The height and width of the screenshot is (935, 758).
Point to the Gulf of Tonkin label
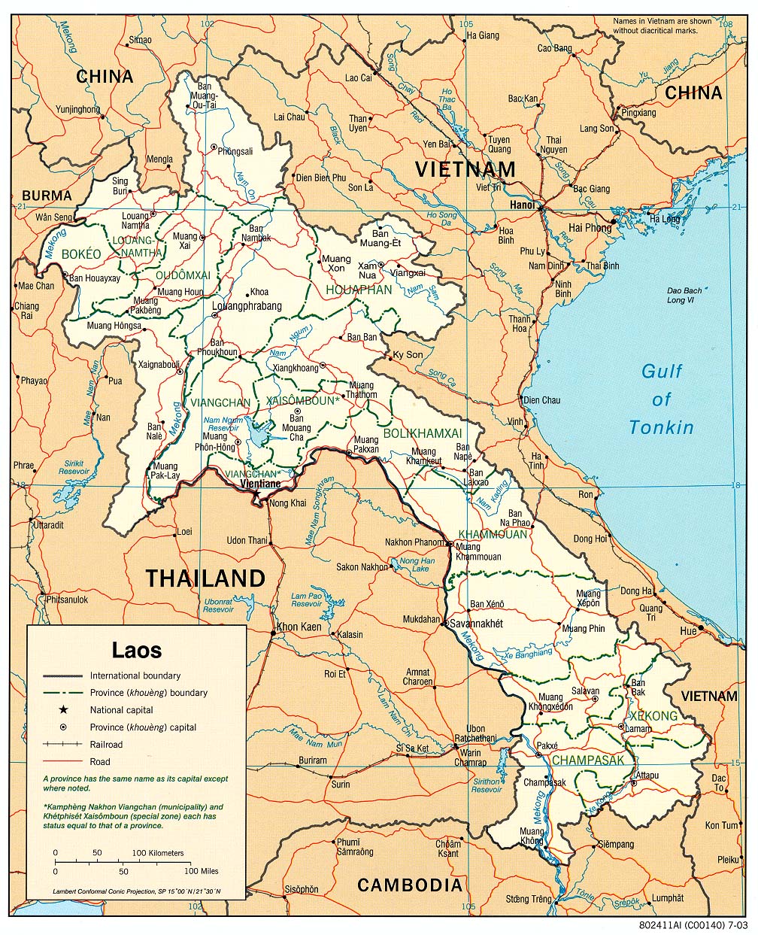(x=662, y=399)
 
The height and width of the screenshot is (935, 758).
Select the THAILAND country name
(x=205, y=578)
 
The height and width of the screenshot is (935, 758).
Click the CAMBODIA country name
(x=409, y=885)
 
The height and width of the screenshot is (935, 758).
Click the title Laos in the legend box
(x=136, y=648)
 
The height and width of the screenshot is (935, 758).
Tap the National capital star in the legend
(x=64, y=709)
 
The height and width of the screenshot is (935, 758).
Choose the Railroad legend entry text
(x=107, y=744)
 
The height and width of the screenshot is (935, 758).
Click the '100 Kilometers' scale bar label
(x=158, y=853)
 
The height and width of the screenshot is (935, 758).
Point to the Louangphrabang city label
(x=247, y=306)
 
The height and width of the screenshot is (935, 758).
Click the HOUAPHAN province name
(x=359, y=290)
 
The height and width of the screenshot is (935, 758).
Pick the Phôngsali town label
(x=235, y=151)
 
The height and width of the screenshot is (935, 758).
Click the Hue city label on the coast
(x=688, y=631)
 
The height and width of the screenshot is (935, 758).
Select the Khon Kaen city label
(x=299, y=627)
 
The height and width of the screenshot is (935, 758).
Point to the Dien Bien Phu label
(x=320, y=178)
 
